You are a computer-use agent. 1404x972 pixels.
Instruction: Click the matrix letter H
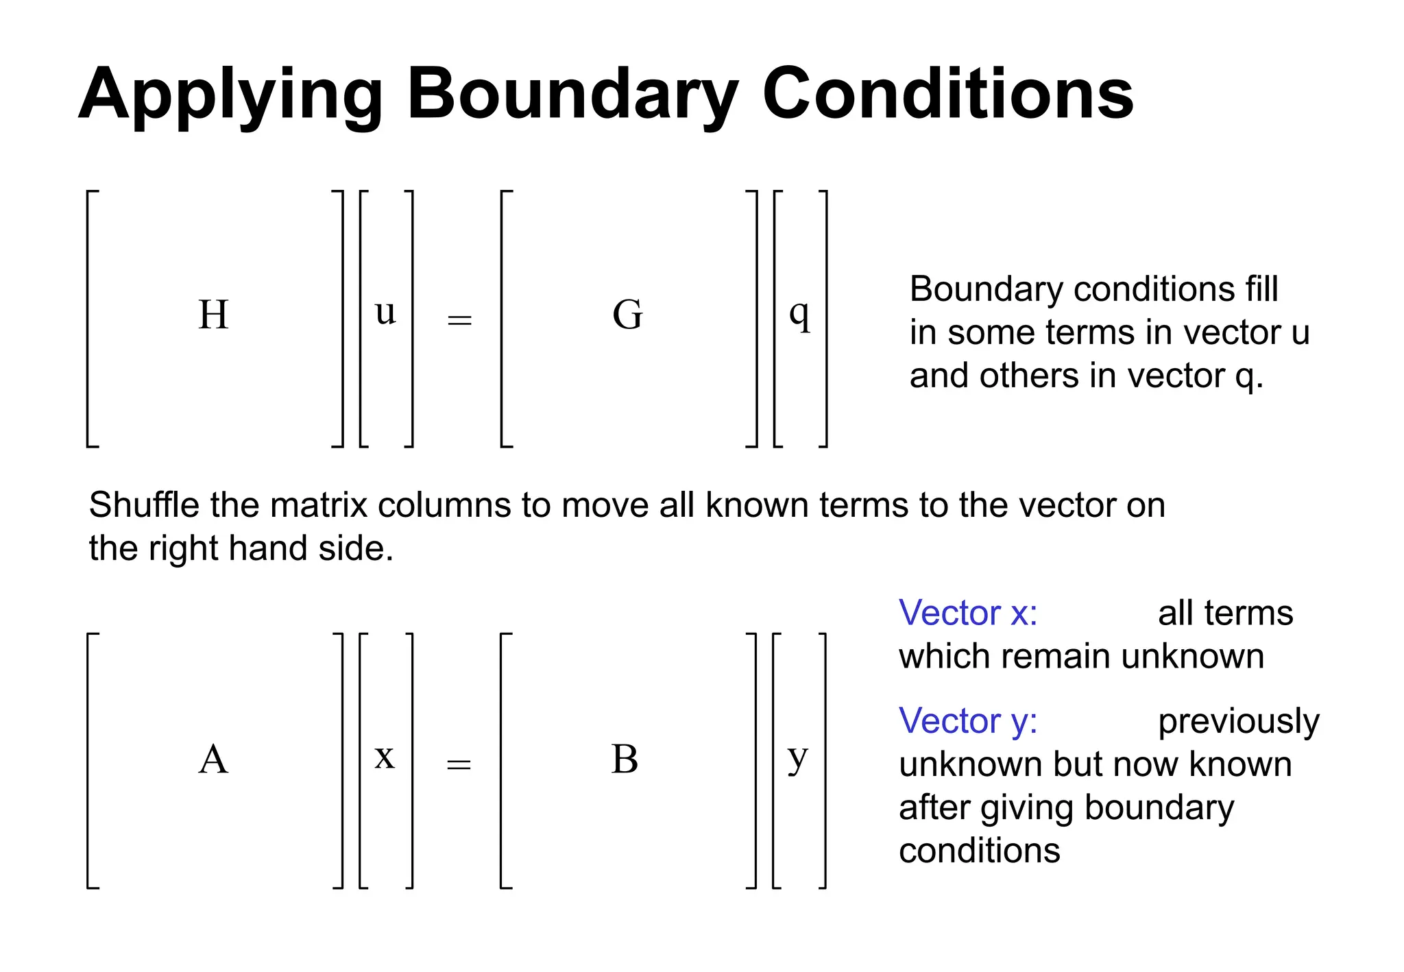(x=213, y=315)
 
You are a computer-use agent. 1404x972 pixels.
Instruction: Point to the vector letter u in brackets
(x=386, y=313)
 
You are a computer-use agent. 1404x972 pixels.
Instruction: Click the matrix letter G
(x=627, y=315)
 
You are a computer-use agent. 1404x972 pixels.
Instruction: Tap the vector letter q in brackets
(x=799, y=315)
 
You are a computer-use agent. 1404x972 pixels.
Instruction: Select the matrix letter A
(x=213, y=760)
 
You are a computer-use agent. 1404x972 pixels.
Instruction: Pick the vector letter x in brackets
(x=385, y=757)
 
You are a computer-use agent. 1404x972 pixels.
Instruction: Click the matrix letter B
(x=625, y=760)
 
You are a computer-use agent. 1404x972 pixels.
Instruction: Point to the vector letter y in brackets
(x=798, y=758)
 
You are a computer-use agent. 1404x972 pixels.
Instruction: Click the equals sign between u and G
(x=459, y=320)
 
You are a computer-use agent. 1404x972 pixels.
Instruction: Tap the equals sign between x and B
(x=459, y=764)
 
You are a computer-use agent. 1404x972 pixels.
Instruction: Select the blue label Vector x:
(x=967, y=613)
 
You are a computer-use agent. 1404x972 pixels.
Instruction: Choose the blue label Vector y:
(x=967, y=721)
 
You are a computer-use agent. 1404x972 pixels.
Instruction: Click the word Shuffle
(x=145, y=505)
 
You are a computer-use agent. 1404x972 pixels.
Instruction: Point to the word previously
(x=1238, y=721)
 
